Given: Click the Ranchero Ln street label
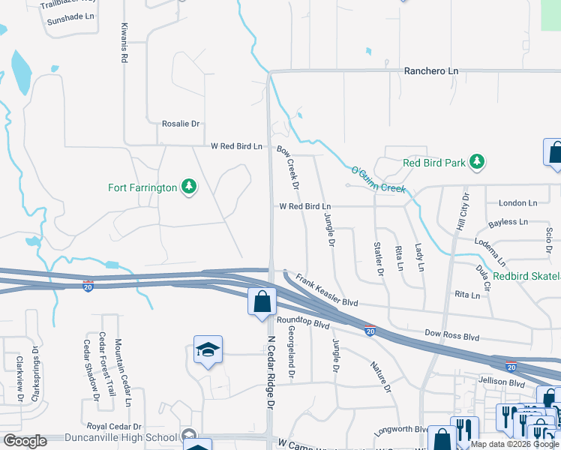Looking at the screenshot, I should [x=430, y=71].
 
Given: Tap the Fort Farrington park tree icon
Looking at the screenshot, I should [x=189, y=187].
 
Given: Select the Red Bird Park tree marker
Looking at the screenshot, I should [x=475, y=162].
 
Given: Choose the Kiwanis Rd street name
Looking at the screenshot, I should [x=124, y=43].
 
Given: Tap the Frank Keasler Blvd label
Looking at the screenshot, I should [x=326, y=291].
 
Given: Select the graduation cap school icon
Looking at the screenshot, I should [x=208, y=350].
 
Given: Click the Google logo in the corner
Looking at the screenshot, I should [x=25, y=441].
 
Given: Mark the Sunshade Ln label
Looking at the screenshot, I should [x=71, y=16].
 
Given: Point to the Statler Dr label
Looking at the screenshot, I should [x=379, y=258].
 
